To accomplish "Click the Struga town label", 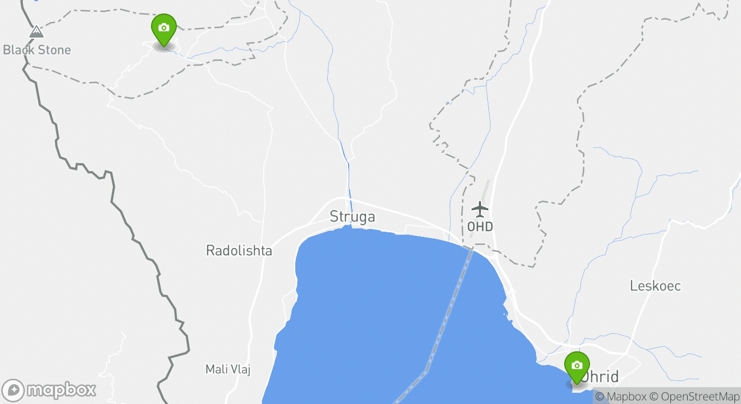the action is pos(352,217).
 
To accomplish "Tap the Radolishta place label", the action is pos(239,250).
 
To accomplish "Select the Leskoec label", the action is pos(655,286).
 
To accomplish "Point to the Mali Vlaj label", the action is pos(227,369).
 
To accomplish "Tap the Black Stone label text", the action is pos(37,50).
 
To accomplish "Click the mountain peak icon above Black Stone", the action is pos(36,32).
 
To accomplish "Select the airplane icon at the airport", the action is pos(480,209).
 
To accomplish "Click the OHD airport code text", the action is pos(480,227).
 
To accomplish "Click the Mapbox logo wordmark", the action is pos(61,389).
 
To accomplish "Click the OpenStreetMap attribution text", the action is pos(695,397).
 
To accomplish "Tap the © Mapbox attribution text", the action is pos(620,397).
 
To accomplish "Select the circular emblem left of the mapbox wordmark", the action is pos(13,390).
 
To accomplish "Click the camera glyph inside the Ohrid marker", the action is pos(577,365).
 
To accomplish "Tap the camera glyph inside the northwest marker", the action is pos(164,27).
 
